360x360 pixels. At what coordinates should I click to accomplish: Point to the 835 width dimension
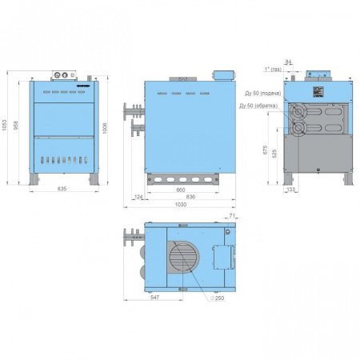pos(62,189)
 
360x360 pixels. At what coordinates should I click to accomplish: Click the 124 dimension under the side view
pos(138,197)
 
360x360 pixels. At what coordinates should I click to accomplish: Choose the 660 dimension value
pos(182,191)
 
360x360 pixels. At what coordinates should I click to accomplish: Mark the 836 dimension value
pos(190,198)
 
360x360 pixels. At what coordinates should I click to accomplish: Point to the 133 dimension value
pos(290,189)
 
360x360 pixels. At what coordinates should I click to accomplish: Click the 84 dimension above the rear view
pos(288,61)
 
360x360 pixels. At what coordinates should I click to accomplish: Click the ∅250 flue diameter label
pos(218,298)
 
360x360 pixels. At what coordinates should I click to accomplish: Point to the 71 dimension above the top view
pos(232,216)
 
